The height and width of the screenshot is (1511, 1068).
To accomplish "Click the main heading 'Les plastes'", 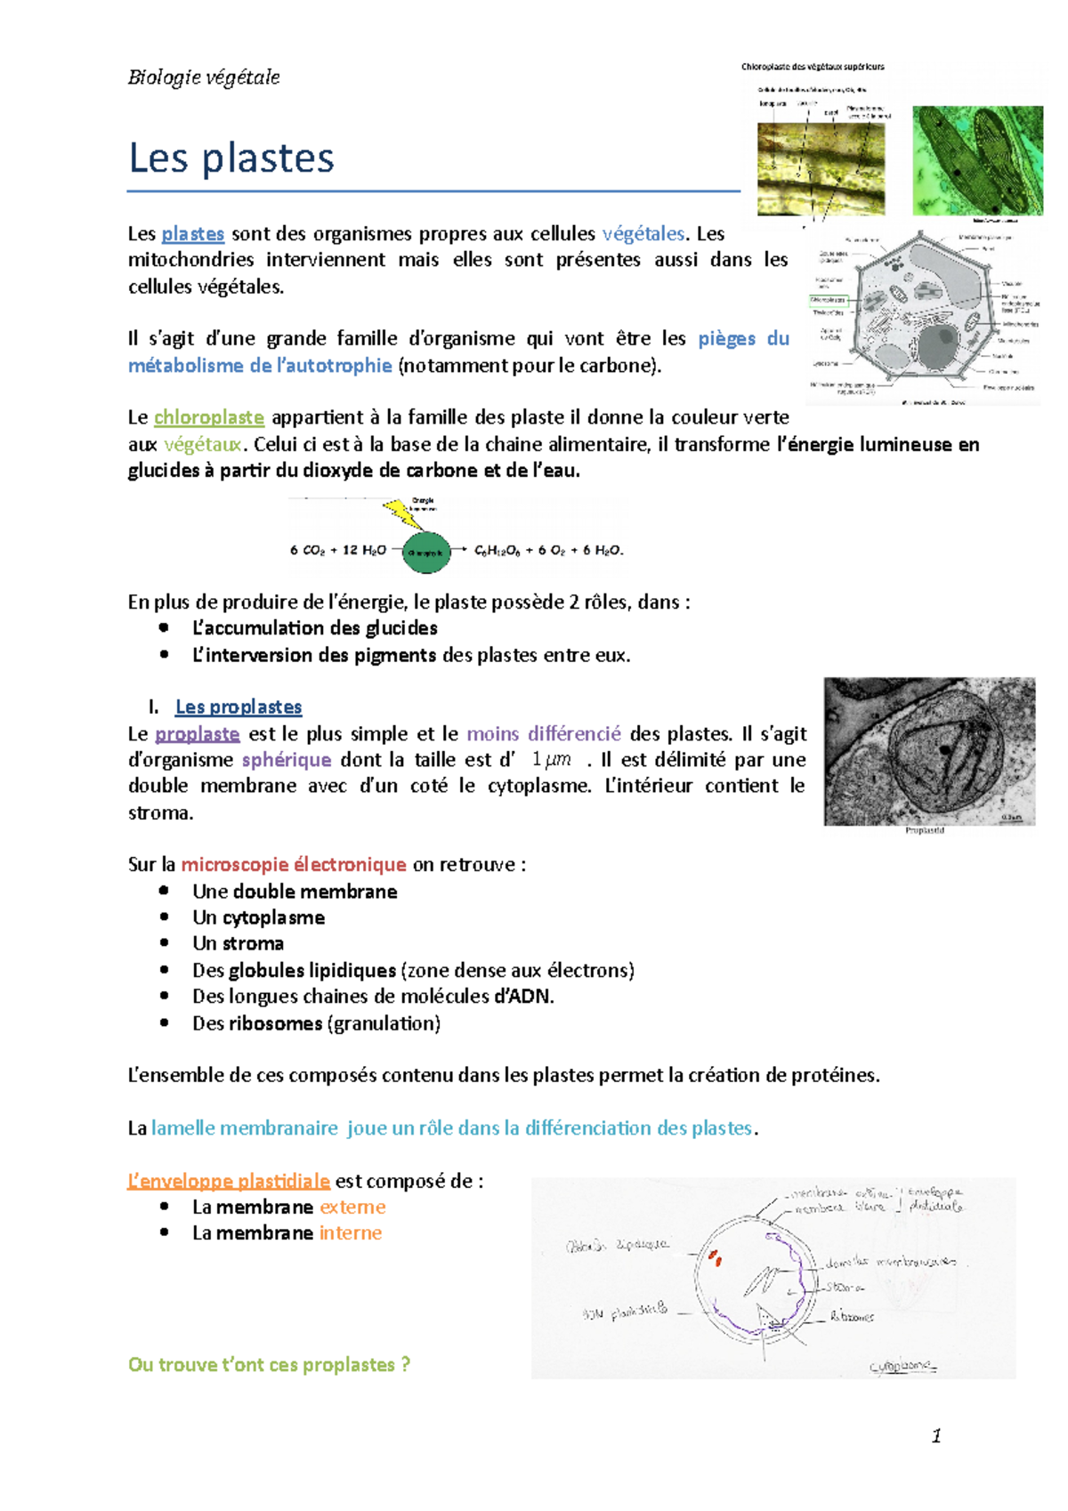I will point(231,158).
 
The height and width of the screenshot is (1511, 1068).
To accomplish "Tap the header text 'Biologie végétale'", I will point(204,77).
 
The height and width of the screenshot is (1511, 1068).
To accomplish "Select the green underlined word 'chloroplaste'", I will point(209,417).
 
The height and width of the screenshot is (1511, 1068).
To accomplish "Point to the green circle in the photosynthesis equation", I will point(426,553).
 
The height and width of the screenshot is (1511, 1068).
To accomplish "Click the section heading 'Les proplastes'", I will point(239,707).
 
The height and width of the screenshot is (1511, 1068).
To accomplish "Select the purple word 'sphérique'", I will point(287,760).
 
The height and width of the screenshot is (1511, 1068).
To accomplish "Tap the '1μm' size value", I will point(551,760).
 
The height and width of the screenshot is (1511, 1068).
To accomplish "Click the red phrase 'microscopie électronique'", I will point(294,865).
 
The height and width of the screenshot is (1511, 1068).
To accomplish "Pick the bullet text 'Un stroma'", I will point(238,943).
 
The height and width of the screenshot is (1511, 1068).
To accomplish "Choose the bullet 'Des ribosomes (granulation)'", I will point(316,1023).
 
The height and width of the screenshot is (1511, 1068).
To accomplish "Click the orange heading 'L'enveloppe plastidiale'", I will point(229,1181).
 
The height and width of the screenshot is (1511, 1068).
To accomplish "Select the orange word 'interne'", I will point(351,1233).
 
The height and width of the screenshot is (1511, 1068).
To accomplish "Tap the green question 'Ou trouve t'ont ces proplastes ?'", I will point(269,1365).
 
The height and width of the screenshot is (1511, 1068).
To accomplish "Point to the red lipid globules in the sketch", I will point(715,1257).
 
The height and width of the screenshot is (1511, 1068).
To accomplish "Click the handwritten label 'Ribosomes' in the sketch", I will point(852,1316).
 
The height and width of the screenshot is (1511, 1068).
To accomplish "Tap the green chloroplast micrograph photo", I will point(977,160).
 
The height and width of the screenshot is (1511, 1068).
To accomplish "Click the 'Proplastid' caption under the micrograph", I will point(924,830).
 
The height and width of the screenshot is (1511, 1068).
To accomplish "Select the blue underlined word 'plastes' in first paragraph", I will point(192,234).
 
